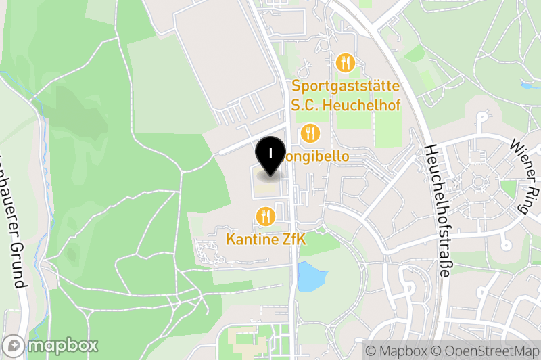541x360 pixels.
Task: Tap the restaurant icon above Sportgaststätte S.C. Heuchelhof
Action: [345, 64]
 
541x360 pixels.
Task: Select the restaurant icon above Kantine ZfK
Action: [266, 217]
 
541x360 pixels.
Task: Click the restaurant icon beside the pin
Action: [310, 133]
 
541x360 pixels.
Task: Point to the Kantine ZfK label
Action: [266, 239]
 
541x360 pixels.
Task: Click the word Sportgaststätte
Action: [346, 87]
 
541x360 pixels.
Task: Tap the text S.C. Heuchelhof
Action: [346, 105]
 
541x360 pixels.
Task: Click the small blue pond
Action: [312, 276]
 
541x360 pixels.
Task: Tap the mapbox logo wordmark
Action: [62, 345]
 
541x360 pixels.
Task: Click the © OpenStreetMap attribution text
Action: [487, 351]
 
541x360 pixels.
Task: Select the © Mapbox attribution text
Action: [398, 351]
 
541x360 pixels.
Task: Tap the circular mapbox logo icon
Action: [14, 345]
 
